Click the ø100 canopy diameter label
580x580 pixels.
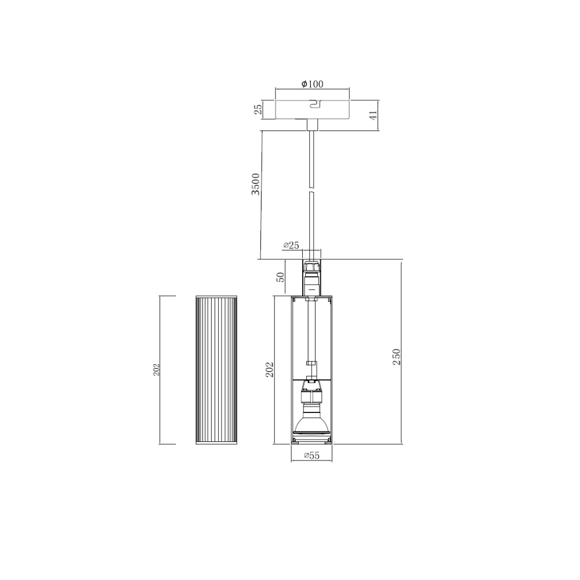tap(312, 84)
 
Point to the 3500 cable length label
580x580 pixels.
tap(256, 184)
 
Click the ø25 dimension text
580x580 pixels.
tap(291, 245)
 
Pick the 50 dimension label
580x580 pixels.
tap(281, 277)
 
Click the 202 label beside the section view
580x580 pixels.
tap(270, 369)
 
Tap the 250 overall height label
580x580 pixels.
tap(397, 357)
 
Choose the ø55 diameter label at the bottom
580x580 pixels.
tap(311, 456)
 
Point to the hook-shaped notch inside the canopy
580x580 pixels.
tap(314, 104)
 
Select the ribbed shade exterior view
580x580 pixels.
tap(216, 369)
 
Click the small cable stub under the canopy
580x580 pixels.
tap(312, 125)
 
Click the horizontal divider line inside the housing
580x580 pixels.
tap(311, 378)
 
